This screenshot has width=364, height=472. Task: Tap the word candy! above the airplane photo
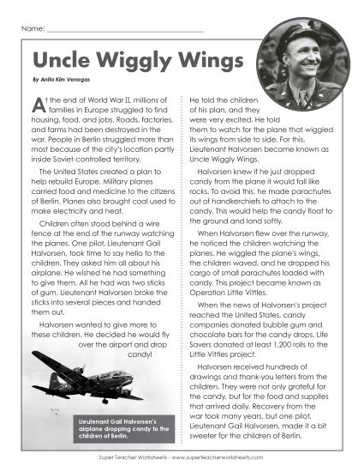coord(139,330)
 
